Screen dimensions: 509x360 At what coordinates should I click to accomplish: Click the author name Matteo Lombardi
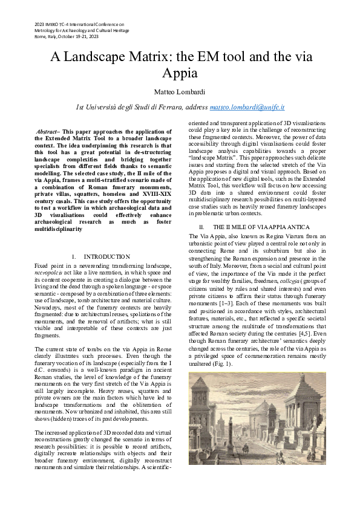[x=180, y=92]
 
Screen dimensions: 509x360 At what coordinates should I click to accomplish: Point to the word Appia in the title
[x=180, y=74]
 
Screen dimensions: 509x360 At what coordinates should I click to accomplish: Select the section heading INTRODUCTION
[x=106, y=256]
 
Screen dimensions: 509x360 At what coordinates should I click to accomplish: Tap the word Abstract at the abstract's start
[x=48, y=131]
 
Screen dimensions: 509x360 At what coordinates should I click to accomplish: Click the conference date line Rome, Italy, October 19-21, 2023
[x=66, y=37]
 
